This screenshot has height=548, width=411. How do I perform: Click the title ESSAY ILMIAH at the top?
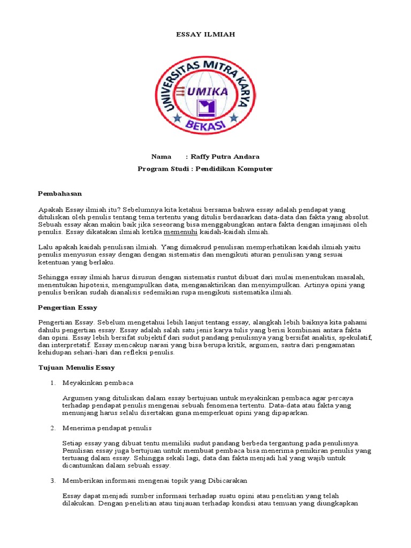[x=205, y=34]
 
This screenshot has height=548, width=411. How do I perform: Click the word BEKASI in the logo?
[x=205, y=124]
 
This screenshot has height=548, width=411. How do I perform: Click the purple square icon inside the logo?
[x=206, y=108]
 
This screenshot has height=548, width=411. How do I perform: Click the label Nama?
[x=161, y=157]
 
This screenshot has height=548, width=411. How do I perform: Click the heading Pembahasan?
[x=60, y=193]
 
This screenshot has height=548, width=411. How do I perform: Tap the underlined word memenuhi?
[x=180, y=232]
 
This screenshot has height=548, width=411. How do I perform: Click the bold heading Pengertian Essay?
[x=67, y=308]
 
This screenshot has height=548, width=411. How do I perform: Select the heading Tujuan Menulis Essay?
[x=77, y=368]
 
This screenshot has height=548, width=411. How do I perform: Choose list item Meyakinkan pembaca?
[x=98, y=383]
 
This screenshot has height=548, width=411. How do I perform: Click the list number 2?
[x=53, y=428]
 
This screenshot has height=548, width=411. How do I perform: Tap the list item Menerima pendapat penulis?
[x=107, y=428]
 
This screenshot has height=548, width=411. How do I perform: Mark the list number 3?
[x=53, y=481]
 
